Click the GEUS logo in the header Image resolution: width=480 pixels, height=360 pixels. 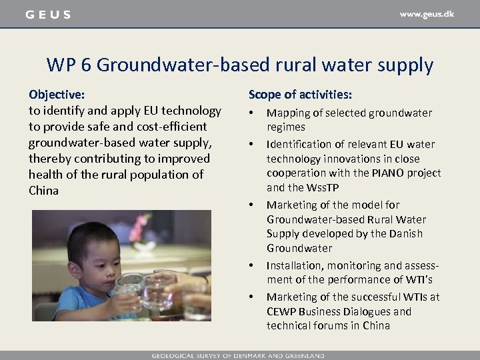47,15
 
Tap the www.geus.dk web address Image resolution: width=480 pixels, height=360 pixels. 427,14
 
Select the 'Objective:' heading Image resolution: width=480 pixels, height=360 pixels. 57,95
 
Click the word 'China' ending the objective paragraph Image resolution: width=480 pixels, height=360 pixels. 43,191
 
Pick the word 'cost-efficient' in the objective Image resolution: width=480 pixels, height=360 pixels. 172,127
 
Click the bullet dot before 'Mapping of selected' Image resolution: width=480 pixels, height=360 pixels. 252,113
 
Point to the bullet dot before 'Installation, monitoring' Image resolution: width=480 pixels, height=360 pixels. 252,266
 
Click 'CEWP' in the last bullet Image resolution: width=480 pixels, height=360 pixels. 281,312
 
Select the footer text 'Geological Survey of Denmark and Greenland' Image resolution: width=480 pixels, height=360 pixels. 237,355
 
